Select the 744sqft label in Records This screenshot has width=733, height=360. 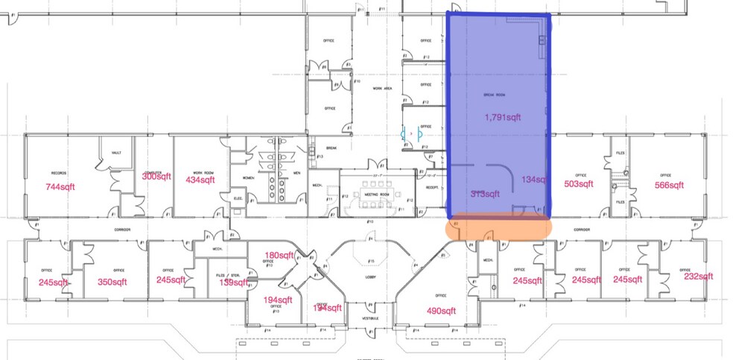coord(63,186)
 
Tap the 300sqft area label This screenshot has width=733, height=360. coord(158,176)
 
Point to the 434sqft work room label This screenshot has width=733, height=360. coord(201,180)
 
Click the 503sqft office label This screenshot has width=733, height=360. coord(578,184)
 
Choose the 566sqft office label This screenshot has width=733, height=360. coord(668,185)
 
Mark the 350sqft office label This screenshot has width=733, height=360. coord(112,282)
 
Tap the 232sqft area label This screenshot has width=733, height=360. coord(698,276)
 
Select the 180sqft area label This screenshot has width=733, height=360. coord(279,256)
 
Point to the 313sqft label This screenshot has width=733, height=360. coord(486,194)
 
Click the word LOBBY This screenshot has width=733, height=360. coord(370,277)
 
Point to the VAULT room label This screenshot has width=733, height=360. coord(116,152)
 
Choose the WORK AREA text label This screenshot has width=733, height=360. coord(382,88)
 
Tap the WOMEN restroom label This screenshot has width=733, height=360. coord(249,177)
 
